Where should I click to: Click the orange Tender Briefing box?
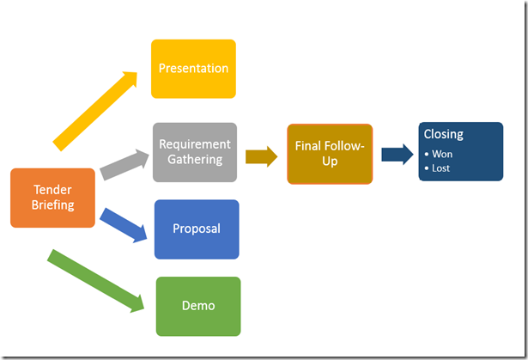coord(52,198)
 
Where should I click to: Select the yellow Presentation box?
coord(193,69)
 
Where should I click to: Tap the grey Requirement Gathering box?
coord(195,151)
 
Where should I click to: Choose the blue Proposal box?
coord(197,229)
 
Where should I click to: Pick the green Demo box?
coord(198,306)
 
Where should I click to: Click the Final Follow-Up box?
coord(330,154)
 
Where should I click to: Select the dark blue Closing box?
coord(460,151)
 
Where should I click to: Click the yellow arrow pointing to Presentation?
coord(94,110)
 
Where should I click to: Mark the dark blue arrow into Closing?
coord(398,154)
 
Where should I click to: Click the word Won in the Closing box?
coord(442,154)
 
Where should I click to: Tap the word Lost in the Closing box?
coord(441,168)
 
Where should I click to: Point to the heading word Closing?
coord(444,135)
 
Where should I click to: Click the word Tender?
coord(52,190)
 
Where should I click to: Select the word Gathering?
coord(195,159)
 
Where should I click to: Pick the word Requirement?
coord(195,143)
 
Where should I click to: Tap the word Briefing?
coord(52,205)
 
